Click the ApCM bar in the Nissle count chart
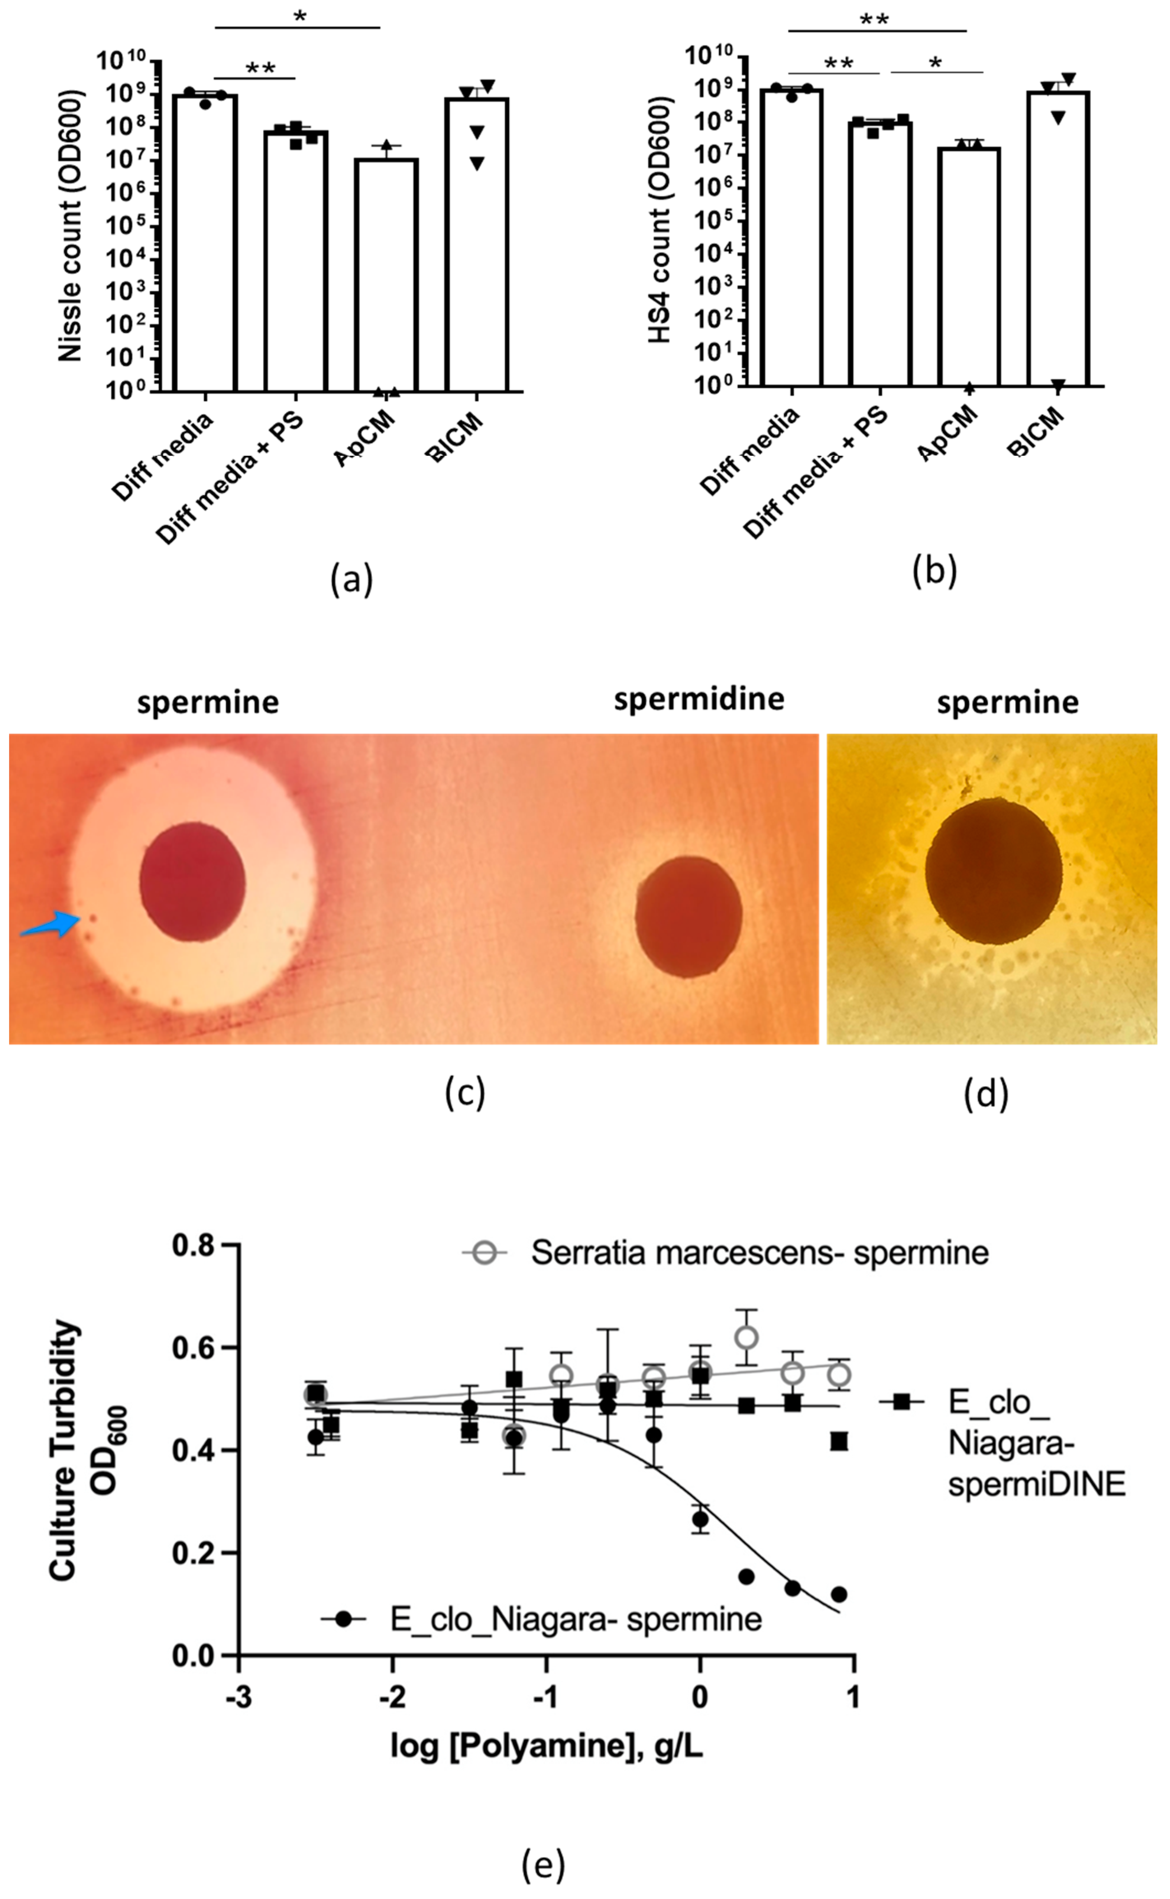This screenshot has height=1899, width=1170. (386, 275)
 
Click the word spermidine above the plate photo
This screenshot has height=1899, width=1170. (699, 699)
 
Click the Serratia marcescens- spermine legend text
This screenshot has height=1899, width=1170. (759, 1253)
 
